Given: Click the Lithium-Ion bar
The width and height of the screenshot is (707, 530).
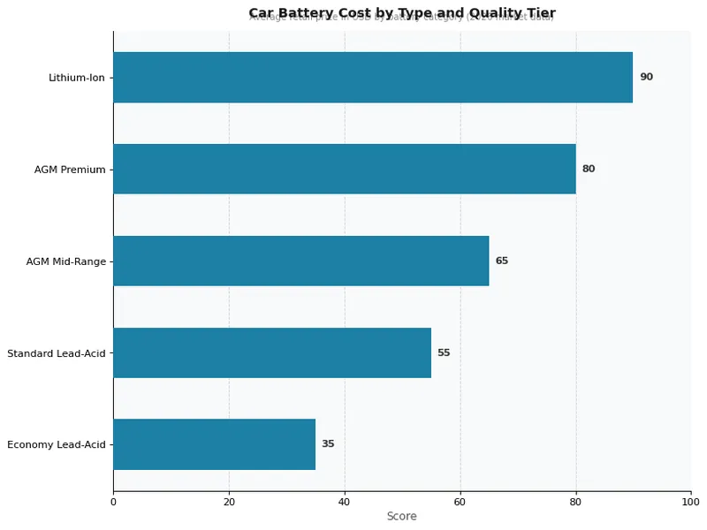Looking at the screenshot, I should [373, 78].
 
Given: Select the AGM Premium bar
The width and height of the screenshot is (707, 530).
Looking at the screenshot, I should [345, 169].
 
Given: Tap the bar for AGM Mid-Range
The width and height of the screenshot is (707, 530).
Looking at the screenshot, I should [300, 261].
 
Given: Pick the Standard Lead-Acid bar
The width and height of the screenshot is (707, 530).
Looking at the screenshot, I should [272, 352].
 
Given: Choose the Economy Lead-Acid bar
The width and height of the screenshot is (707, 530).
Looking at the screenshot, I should [214, 444].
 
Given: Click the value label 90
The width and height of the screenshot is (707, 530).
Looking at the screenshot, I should [646, 78].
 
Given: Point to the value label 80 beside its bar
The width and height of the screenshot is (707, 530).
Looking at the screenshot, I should [589, 169].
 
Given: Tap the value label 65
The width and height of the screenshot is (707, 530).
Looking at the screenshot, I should [502, 261].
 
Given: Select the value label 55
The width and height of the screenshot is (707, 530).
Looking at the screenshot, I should [444, 352].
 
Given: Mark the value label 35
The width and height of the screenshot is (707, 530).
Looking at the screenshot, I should [328, 444].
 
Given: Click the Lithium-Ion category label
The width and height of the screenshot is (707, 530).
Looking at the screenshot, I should [77, 78].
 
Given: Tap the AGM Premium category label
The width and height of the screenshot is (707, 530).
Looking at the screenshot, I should [70, 170].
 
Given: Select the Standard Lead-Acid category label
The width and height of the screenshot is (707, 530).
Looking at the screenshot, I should [57, 353].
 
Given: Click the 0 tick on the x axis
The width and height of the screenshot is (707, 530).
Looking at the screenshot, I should [113, 502].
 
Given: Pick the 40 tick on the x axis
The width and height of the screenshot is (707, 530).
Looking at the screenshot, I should [345, 502].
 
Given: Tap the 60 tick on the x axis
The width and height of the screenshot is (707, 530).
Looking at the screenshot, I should [460, 502].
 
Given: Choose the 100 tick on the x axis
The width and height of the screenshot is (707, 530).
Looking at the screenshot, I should [691, 502].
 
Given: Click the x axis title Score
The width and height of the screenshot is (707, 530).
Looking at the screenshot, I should [401, 516].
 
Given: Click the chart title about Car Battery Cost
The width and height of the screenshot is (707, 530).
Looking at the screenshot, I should [402, 12].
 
